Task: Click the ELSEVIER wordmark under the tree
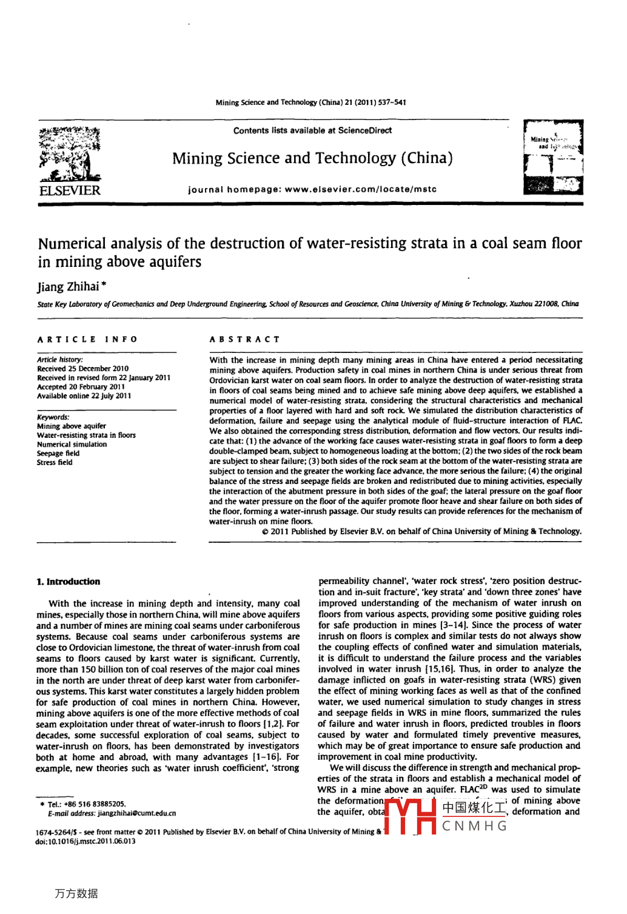pos(70,190)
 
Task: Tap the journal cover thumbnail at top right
pos(553,158)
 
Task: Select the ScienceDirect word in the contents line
pos(365,130)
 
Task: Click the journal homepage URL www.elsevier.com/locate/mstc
pos(360,189)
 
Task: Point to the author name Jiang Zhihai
pos(68,286)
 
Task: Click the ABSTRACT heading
pos(245,340)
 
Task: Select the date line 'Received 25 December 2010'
pos(83,369)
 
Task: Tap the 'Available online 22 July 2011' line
pos(84,396)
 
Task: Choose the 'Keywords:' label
pos(53,417)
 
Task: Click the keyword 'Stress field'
pos(55,463)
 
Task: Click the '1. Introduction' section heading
pos(69,582)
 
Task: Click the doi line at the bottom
pos(85,841)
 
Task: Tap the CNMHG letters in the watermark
pos(474,826)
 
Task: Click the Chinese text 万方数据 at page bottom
pos(76,893)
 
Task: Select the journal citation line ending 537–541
pos(310,102)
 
